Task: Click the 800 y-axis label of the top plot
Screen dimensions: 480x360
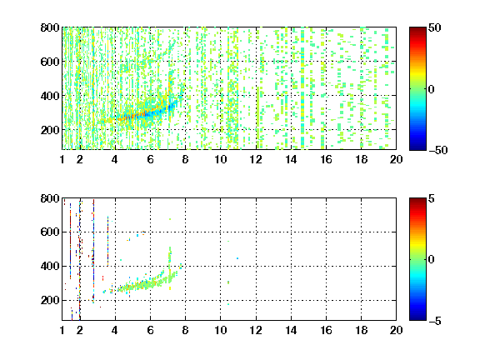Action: [x=50, y=27]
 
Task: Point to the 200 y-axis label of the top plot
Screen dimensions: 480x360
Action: [x=50, y=130]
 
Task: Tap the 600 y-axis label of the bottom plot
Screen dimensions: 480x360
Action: [x=50, y=232]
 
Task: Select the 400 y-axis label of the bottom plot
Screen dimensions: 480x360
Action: [x=50, y=266]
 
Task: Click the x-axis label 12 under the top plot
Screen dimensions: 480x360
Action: [x=256, y=159]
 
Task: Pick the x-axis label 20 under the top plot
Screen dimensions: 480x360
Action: [x=396, y=159]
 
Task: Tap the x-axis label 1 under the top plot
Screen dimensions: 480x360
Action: [x=62, y=159]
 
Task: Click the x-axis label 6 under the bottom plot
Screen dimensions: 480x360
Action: [x=150, y=330]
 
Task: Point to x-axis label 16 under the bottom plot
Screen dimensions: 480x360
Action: [x=327, y=330]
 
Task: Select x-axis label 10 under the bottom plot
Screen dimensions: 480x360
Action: [x=221, y=330]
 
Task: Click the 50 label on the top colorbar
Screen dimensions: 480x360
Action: [x=435, y=27]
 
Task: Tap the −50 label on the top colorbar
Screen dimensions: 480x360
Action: [x=438, y=150]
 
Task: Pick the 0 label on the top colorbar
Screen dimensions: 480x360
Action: [x=432, y=89]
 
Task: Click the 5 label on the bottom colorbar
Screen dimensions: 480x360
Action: [x=432, y=198]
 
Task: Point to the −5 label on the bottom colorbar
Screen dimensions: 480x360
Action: [x=435, y=321]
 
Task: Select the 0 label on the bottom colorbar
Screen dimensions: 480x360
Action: [x=432, y=260]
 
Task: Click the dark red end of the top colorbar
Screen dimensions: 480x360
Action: [x=417, y=29]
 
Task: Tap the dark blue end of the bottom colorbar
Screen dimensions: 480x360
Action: [x=417, y=318]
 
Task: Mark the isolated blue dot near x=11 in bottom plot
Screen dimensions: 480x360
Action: [x=237, y=258]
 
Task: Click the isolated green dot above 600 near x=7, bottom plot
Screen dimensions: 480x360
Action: [x=170, y=219]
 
